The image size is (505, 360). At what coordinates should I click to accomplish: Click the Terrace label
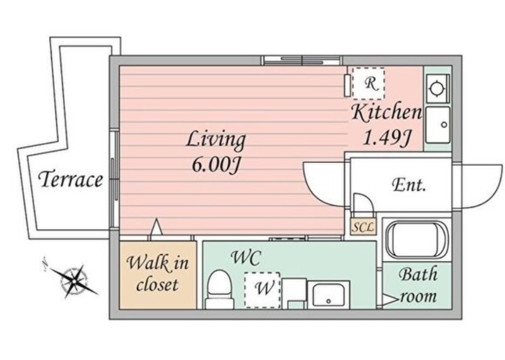[71, 179]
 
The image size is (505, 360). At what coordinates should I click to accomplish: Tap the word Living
[216, 140]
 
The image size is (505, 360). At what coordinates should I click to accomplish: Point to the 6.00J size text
[216, 165]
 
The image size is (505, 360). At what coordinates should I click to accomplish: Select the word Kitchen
[386, 112]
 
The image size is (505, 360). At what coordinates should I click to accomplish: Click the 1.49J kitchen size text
[387, 138]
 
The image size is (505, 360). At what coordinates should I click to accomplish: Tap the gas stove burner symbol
[436, 88]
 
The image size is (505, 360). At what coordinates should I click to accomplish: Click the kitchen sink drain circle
[444, 124]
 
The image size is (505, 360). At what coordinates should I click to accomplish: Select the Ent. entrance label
[409, 185]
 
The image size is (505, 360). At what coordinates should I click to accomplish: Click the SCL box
[362, 227]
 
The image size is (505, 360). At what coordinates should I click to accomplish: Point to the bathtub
[417, 240]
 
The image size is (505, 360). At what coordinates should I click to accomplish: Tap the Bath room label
[419, 285]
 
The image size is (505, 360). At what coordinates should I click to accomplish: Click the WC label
[246, 258]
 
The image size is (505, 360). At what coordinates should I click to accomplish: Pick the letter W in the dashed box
[264, 288]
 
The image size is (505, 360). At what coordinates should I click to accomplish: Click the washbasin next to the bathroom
[328, 295]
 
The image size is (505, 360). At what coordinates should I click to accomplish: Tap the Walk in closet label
[157, 273]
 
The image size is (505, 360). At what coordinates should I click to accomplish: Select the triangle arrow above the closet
[157, 227]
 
